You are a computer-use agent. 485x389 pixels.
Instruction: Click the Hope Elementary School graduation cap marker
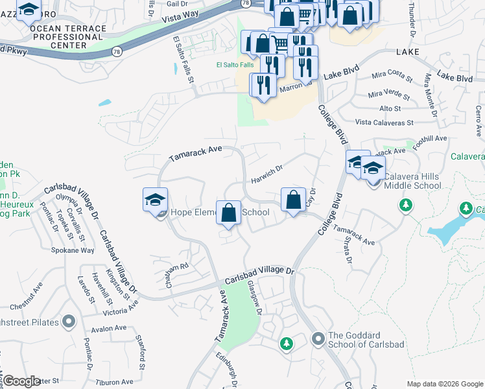click(156, 200)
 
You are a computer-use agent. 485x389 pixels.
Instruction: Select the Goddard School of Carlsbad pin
click(318, 338)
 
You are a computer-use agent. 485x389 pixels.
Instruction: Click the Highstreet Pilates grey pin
click(69, 322)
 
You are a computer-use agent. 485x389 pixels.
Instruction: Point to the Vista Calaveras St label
click(384, 123)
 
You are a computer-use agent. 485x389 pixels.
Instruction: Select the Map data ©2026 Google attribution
click(444, 383)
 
